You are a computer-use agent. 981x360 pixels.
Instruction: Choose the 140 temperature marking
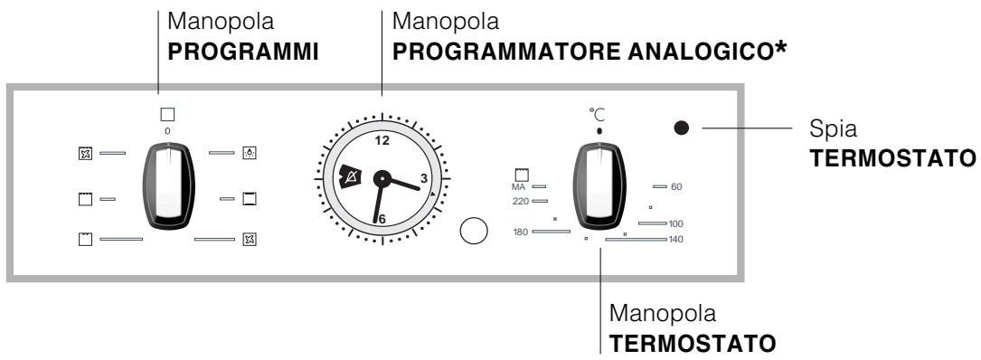click(674, 239)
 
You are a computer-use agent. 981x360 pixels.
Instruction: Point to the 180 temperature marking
click(519, 232)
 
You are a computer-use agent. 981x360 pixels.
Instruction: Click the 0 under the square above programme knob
click(166, 131)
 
